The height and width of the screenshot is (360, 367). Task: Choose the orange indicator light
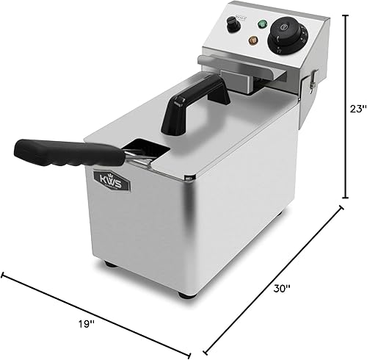click(254, 40)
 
